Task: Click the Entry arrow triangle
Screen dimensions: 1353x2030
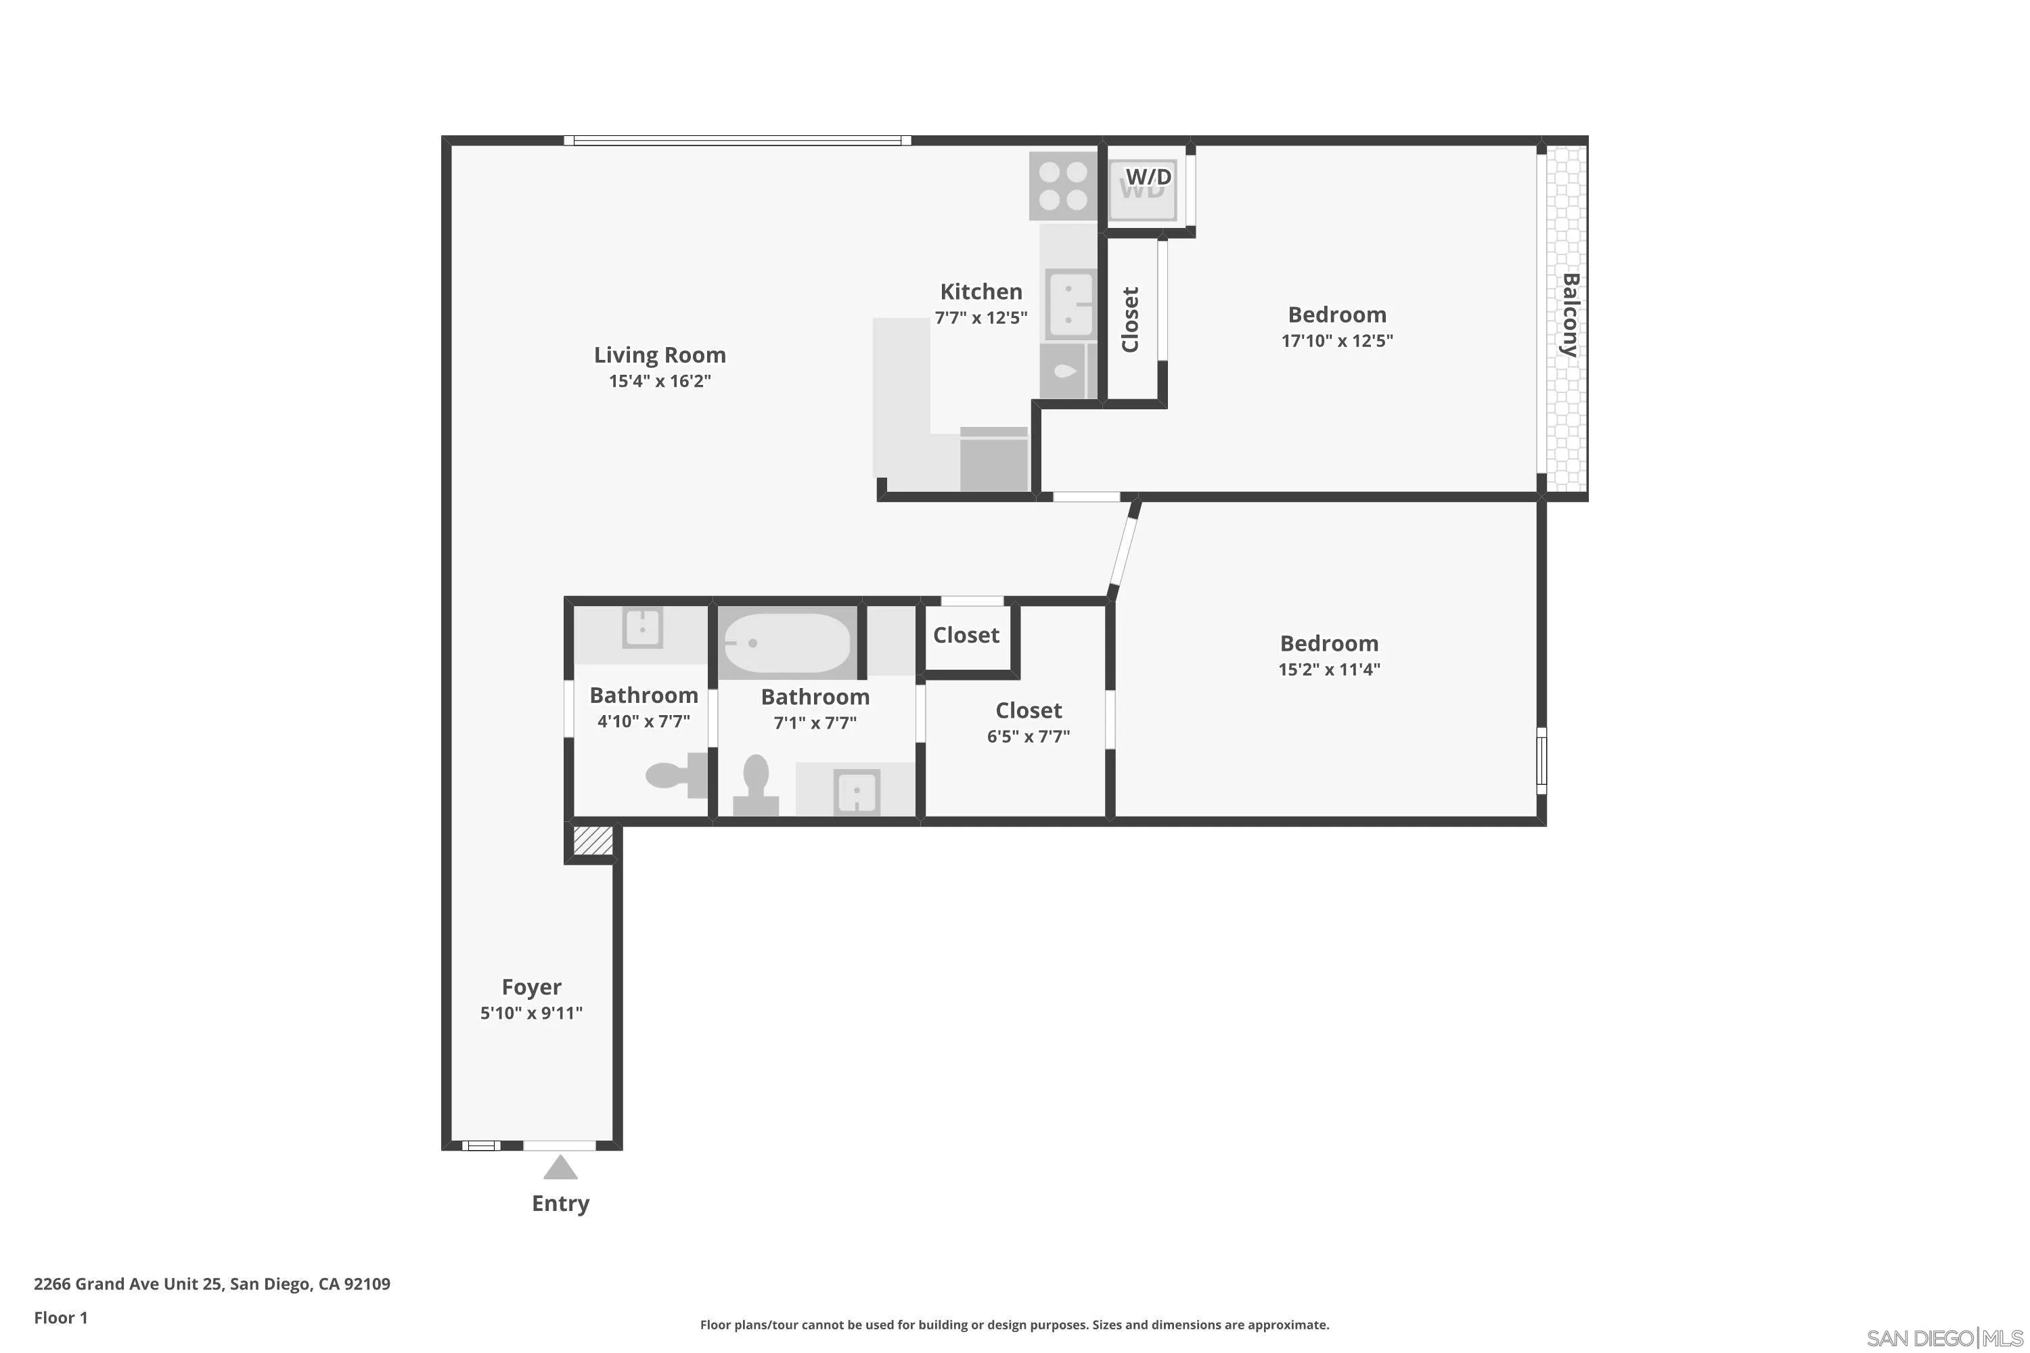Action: tap(560, 1168)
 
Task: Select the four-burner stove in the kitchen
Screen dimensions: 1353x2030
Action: tap(1062, 187)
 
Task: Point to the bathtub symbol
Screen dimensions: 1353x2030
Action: tap(786, 643)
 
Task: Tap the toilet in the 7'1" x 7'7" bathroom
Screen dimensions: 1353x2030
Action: tap(756, 783)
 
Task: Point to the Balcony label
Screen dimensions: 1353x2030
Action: tap(1570, 315)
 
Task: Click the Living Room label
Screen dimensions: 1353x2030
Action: tap(659, 354)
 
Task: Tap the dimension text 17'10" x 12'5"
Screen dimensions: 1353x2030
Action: tap(1337, 341)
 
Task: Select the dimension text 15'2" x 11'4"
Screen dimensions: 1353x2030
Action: tap(1329, 670)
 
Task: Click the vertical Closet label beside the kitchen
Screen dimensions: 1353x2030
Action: tap(1130, 319)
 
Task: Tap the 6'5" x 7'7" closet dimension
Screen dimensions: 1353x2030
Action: tap(1028, 737)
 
